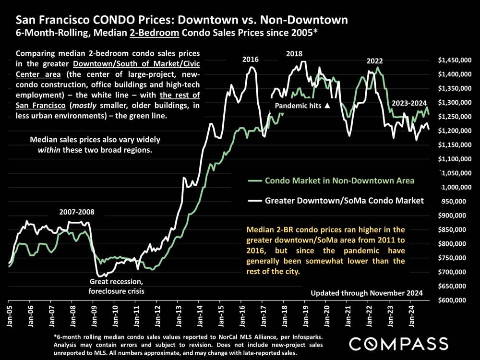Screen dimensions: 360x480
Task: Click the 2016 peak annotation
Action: coord(251,60)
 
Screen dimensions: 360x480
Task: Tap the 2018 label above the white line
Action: coord(295,54)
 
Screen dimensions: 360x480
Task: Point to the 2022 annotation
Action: coord(375,61)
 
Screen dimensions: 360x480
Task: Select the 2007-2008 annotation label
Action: coord(77,212)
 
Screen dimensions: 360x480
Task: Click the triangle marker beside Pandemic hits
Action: coord(327,105)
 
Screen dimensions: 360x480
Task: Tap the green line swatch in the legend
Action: coord(254,181)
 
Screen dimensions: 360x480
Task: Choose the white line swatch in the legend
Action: coord(254,201)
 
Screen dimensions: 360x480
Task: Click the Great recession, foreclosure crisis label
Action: coord(116,287)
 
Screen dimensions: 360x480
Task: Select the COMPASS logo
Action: coord(398,343)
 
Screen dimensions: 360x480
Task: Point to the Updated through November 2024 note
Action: coord(366,293)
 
